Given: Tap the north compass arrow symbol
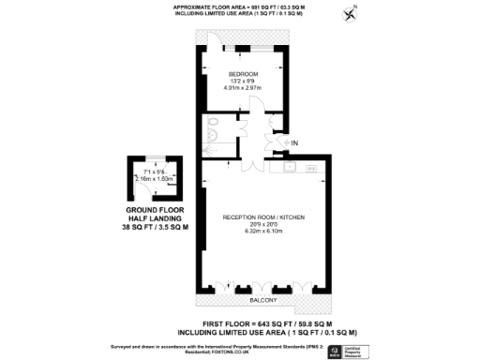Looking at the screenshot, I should click(352, 13).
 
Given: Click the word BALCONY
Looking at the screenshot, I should click(262, 301).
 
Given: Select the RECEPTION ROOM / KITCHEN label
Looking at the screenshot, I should click(263, 217).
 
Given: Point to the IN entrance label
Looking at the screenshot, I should click(294, 142).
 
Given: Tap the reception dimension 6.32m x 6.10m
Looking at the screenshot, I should click(263, 231).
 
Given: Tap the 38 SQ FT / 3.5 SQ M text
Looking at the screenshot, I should click(152, 228).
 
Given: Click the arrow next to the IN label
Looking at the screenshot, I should click(284, 142).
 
